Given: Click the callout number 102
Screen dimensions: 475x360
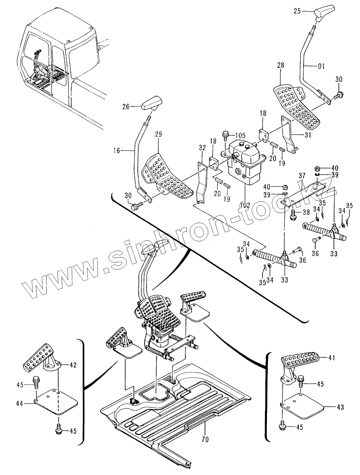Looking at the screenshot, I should (245, 205).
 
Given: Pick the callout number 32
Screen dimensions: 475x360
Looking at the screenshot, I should (202, 148).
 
